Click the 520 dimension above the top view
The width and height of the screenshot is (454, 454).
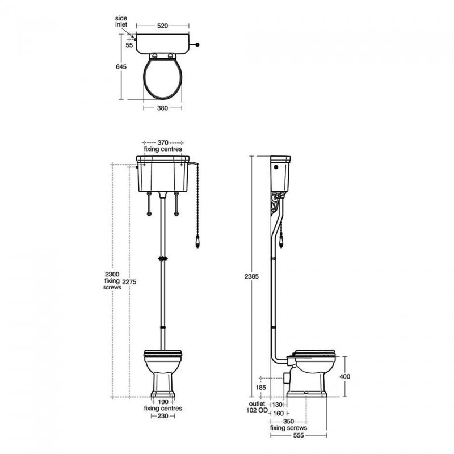(162, 26)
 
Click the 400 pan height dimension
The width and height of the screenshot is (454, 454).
(352, 376)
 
